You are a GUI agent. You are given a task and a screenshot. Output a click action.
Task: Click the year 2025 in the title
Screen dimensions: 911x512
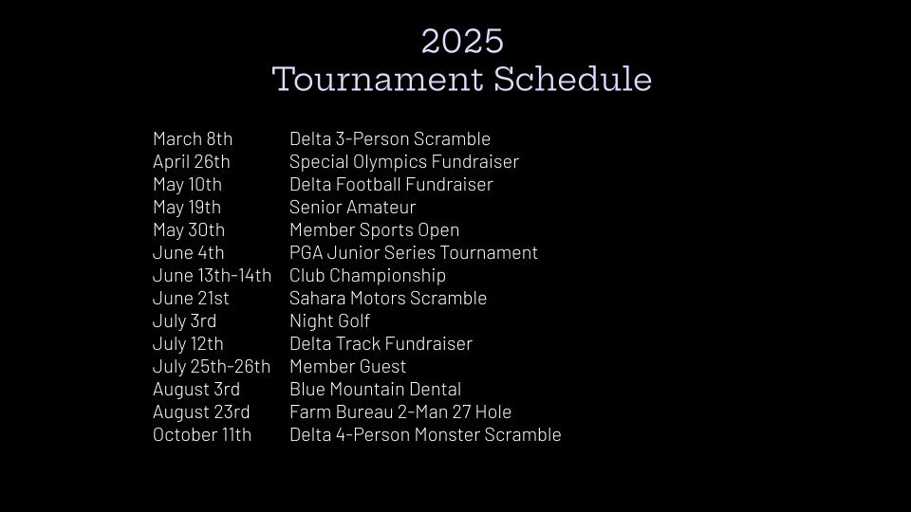tap(462, 41)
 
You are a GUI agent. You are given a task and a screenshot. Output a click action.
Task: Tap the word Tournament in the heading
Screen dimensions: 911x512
tap(378, 79)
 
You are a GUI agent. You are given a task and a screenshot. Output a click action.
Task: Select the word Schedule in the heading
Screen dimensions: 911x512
tap(573, 79)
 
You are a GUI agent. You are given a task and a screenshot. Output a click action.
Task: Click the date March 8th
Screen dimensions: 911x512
tap(193, 138)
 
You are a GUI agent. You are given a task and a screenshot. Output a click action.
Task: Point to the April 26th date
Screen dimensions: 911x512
tap(191, 162)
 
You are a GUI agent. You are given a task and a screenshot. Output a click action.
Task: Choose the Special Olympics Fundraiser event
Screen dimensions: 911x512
tap(404, 162)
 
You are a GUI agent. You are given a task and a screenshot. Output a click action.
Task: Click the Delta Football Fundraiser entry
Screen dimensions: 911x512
tap(391, 185)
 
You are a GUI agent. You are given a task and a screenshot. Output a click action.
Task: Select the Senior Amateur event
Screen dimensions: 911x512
tap(353, 208)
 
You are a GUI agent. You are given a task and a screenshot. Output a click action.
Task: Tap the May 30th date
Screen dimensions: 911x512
tap(189, 230)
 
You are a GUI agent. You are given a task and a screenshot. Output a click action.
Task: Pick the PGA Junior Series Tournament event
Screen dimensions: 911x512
tap(414, 252)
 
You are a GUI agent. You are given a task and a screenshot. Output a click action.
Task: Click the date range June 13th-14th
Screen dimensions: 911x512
tap(212, 275)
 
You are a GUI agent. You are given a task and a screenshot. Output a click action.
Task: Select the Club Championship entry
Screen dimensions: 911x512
tap(368, 276)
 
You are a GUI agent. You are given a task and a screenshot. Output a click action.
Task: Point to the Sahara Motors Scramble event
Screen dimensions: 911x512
tap(388, 298)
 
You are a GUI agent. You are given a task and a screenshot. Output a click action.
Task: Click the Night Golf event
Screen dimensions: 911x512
tap(329, 321)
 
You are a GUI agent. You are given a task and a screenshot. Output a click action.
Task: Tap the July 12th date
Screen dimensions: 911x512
tap(188, 344)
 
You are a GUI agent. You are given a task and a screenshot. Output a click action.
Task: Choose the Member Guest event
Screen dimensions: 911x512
tap(347, 366)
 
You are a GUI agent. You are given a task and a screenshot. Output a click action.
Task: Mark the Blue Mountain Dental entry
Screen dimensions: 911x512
tap(376, 389)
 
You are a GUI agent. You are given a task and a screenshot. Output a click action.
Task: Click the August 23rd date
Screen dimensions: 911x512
tap(201, 412)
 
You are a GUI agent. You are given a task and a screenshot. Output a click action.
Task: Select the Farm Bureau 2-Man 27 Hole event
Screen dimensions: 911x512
tap(400, 411)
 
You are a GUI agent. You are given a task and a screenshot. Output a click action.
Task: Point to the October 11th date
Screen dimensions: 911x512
tap(202, 435)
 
